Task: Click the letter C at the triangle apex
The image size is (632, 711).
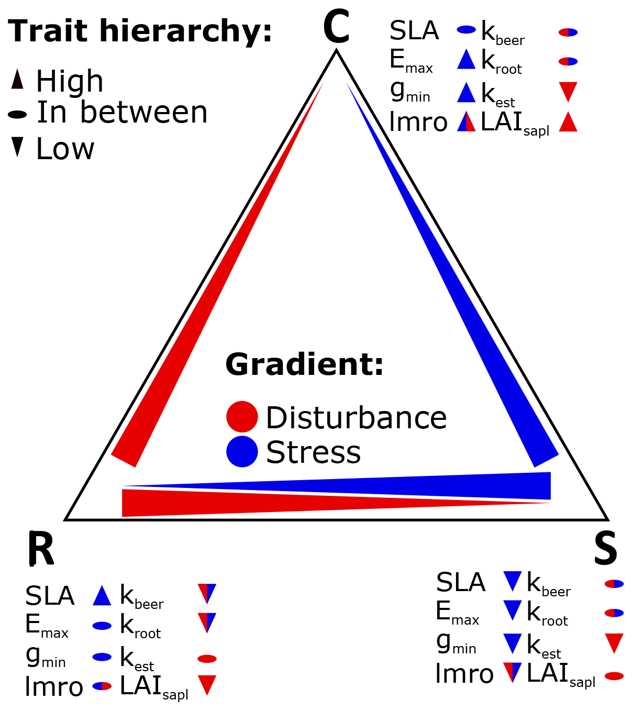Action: point(336,27)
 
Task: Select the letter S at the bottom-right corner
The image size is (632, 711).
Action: point(605,548)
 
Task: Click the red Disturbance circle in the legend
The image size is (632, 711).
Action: point(242,417)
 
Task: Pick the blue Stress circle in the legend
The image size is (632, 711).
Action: point(242,451)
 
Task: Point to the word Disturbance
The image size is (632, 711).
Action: point(356,418)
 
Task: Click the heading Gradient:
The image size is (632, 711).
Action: point(304,364)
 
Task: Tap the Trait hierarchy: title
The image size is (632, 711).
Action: point(140,31)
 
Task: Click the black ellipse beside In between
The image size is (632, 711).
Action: point(17,114)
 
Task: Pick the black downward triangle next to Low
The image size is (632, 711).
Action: point(17,147)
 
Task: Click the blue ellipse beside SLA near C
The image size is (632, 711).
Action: point(466,30)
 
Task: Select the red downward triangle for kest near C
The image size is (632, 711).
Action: point(568,91)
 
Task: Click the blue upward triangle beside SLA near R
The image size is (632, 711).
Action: point(102,596)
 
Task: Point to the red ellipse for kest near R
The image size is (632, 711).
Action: point(207,659)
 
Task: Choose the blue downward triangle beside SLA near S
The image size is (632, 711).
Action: point(513,581)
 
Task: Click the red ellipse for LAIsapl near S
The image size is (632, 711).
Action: point(614,676)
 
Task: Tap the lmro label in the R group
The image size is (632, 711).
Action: point(54,687)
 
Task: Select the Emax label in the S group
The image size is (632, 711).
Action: point(457,613)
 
